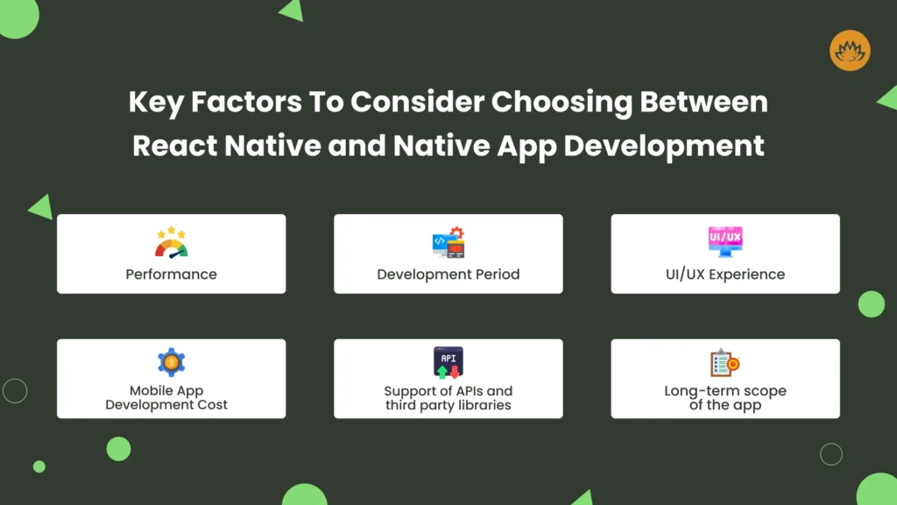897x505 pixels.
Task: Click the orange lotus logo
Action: point(850,50)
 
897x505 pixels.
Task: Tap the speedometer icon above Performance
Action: point(171,242)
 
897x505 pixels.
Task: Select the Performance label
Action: point(171,274)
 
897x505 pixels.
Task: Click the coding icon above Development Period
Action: point(448,242)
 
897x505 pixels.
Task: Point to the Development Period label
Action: point(448,274)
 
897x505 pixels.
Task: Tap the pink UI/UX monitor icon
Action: point(725,242)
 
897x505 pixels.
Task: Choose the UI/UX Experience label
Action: point(725,274)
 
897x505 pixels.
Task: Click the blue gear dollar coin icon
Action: point(171,362)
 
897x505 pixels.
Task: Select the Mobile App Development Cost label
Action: point(166,397)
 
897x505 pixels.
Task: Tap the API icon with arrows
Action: point(448,362)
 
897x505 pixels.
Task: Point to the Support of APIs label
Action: point(448,398)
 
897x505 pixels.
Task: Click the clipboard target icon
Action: point(725,362)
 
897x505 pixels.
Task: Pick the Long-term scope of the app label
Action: point(725,398)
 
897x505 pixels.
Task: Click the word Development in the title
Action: point(664,146)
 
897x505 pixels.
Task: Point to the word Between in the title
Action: point(703,102)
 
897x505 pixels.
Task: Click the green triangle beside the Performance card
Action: point(42,207)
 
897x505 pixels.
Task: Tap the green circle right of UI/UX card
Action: point(872,304)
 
